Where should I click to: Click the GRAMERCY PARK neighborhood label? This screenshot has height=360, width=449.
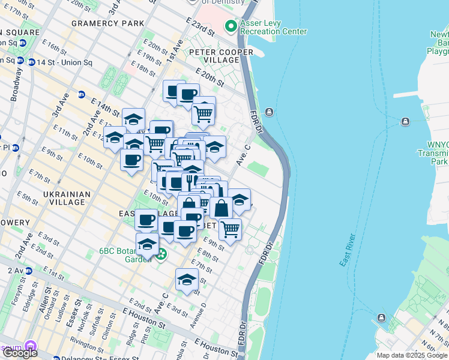click(107, 23)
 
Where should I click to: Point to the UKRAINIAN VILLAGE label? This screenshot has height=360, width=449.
click(68, 198)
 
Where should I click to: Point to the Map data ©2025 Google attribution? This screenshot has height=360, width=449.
click(412, 355)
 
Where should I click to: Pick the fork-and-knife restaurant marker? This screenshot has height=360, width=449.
click(190, 181)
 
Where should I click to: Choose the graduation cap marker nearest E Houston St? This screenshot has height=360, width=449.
click(187, 280)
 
